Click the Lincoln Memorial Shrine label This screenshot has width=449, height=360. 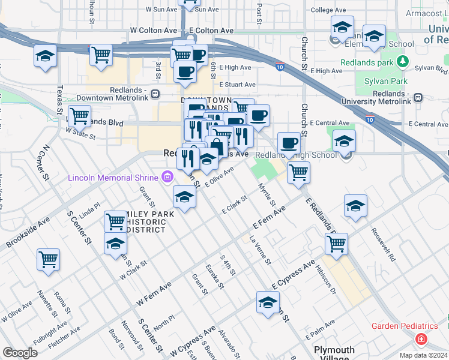tap(113, 177)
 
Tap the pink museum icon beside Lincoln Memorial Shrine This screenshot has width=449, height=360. tap(167, 177)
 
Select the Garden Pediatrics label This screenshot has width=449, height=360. tap(405, 326)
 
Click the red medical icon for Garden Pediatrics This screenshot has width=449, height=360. tap(422, 339)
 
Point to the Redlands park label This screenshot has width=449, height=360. tap(366, 62)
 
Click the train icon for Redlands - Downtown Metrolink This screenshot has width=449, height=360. tap(155, 94)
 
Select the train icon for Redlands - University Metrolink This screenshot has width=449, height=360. tap(418, 97)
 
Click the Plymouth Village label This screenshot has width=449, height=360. tap(334, 354)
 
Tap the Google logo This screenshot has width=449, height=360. tap(20, 353)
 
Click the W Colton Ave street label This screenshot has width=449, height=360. tap(154, 30)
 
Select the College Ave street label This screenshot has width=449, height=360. tap(330, 10)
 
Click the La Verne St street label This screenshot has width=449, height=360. tap(260, 251)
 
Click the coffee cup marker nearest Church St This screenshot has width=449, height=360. tap(289, 143)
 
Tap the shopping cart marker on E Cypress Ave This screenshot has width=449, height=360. tap(336, 244)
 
